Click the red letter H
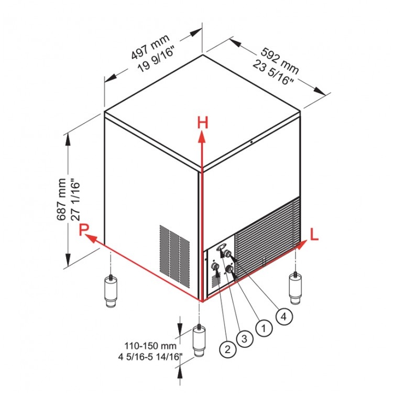pyautogui.click(x=202, y=123)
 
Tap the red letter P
pyautogui.click(x=84, y=230)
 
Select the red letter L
pyautogui.click(x=314, y=235)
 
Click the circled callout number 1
pyautogui.click(x=264, y=327)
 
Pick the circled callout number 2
pyautogui.click(x=227, y=349)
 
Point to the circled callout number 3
pyautogui.click(x=245, y=339)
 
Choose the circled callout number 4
pyautogui.click(x=283, y=316)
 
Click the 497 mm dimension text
pyautogui.click(x=150, y=47)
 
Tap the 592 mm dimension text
pyautogui.click(x=280, y=61)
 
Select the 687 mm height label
pyautogui.click(x=61, y=199)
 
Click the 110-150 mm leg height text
pyautogui.click(x=150, y=346)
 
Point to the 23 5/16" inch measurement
pyautogui.click(x=272, y=73)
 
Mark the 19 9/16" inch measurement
pyautogui.click(x=156, y=60)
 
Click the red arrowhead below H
pyautogui.click(x=202, y=137)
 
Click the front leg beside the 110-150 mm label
pyautogui.click(x=199, y=340)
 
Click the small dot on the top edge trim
pyautogui.click(x=251, y=142)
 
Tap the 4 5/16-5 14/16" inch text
pyautogui.click(x=150, y=356)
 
